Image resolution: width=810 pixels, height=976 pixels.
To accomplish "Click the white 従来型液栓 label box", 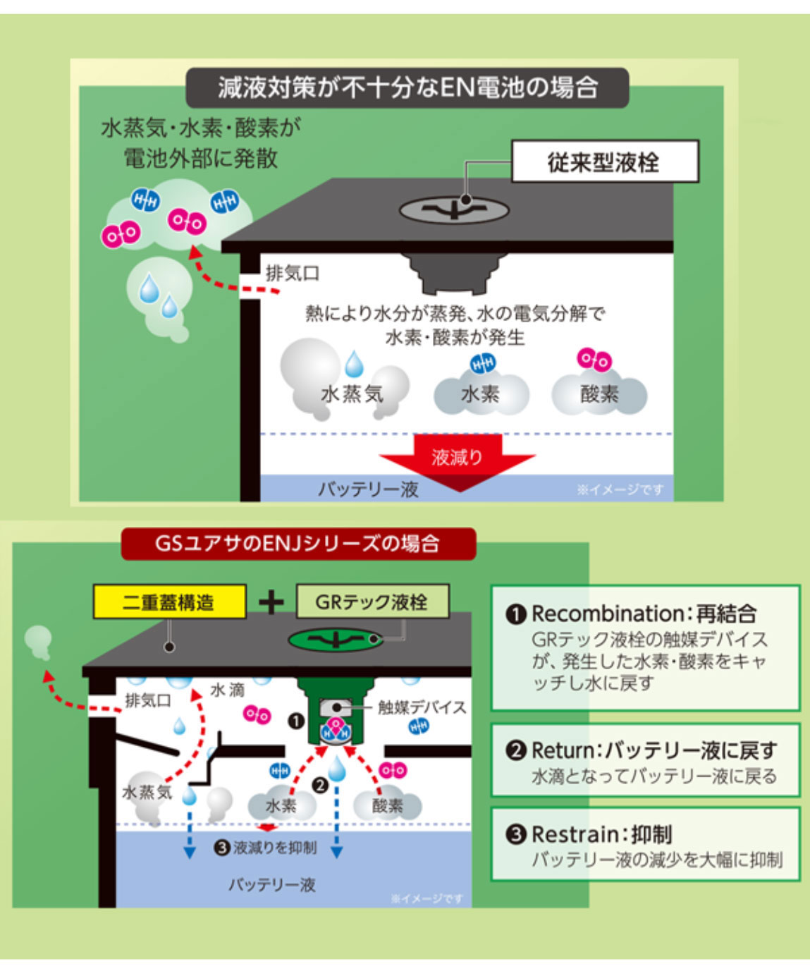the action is (606, 161).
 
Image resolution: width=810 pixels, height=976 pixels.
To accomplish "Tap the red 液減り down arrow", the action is (457, 462).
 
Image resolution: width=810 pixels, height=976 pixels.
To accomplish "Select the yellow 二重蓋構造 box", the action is (170, 602).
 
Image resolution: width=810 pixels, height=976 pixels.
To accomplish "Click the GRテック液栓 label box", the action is (372, 602).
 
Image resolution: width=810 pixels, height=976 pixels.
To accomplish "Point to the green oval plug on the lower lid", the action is (336, 640).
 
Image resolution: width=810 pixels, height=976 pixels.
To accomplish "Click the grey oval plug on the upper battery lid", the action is (454, 210).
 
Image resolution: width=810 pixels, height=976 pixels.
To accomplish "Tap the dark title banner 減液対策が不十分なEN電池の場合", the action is (407, 87).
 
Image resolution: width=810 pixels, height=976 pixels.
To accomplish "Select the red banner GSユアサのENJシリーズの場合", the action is (298, 544).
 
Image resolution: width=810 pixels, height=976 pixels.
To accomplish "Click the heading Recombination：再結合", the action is (630, 614).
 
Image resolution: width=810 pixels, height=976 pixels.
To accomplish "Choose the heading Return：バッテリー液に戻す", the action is (642, 751).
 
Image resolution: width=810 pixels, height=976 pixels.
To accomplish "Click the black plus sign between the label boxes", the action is (271, 602).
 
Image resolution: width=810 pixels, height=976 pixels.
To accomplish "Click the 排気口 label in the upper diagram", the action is (293, 274).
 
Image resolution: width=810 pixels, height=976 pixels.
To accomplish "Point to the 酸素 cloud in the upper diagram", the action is (600, 394).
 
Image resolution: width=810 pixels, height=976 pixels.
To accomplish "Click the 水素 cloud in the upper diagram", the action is (481, 394).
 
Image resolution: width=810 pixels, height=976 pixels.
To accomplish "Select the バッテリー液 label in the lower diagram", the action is (272, 885).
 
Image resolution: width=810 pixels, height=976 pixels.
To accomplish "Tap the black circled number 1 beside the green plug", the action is (296, 721).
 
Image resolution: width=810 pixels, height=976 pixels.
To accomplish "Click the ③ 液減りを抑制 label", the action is (265, 848).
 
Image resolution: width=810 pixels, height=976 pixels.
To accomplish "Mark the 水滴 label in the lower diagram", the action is (227, 690).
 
